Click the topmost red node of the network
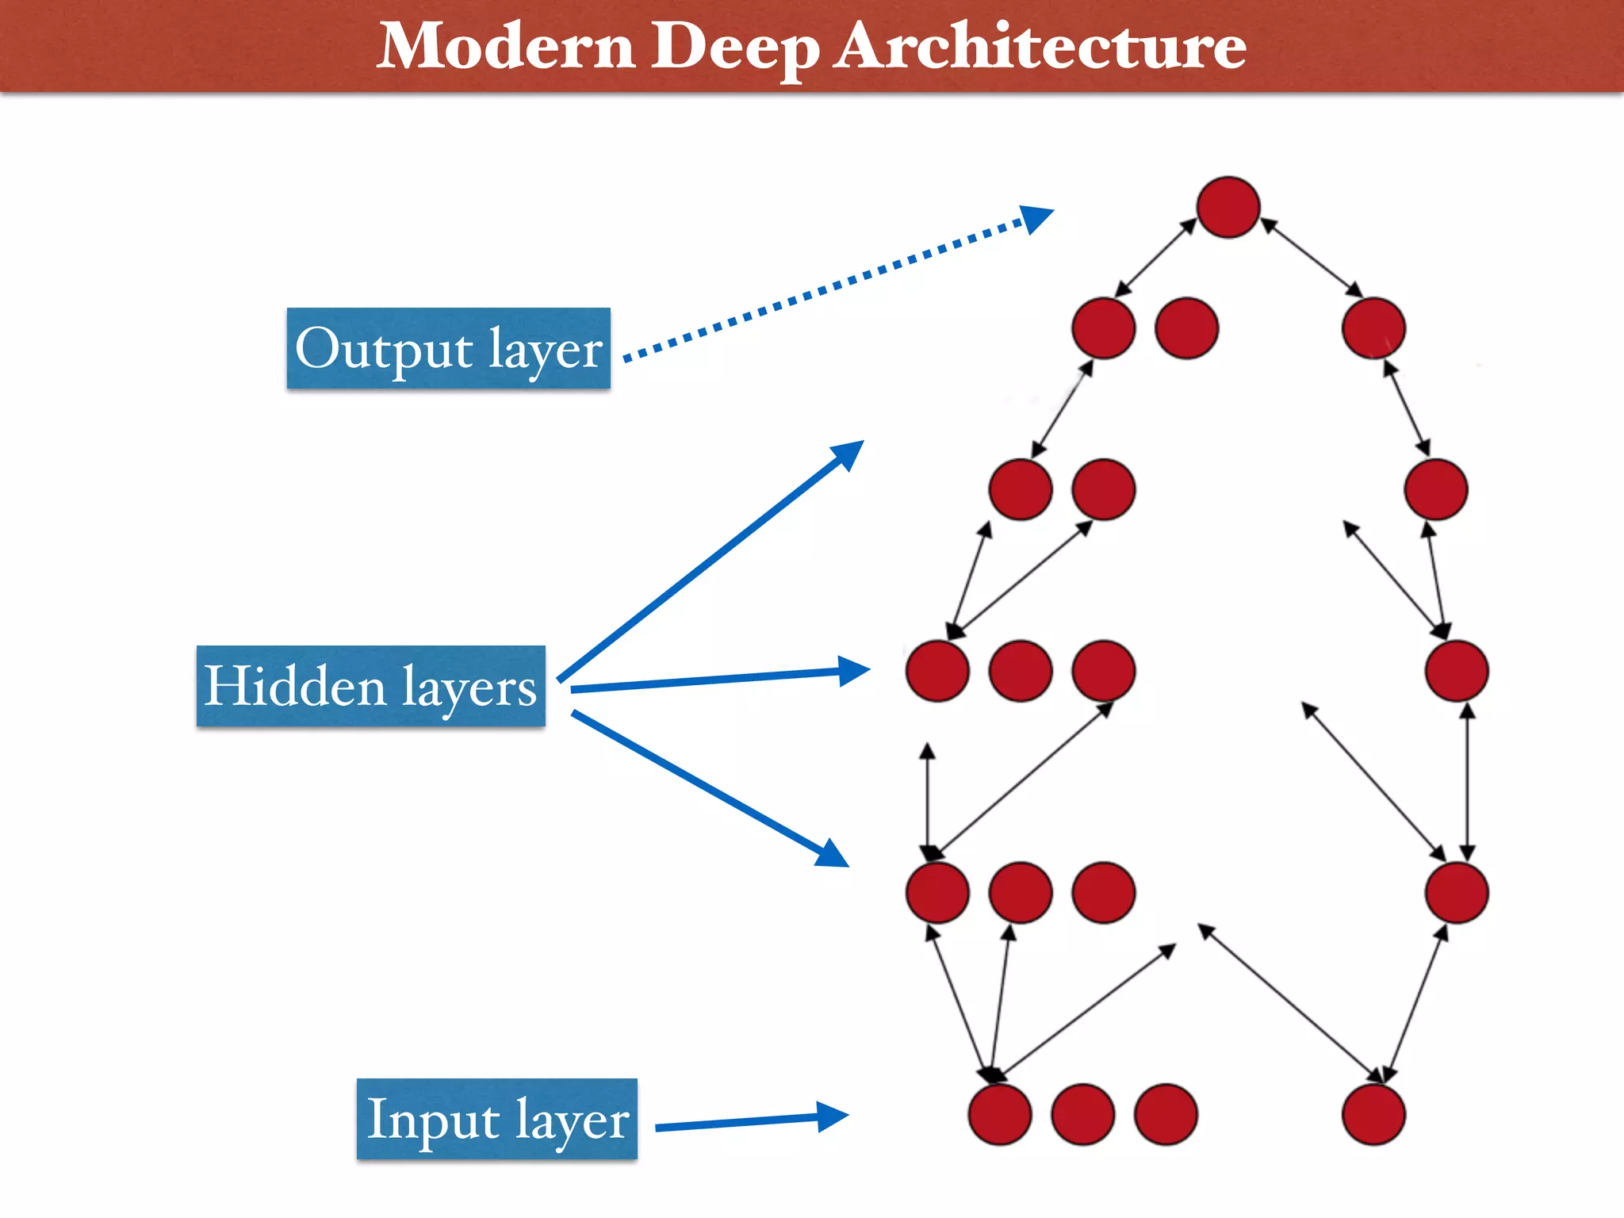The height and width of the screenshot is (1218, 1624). (x=1228, y=207)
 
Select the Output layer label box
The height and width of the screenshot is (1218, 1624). (x=448, y=348)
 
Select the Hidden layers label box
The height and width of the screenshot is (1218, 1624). (x=370, y=686)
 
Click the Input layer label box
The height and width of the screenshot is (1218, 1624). (x=496, y=1119)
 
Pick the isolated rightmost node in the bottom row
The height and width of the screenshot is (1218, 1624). (x=1373, y=1114)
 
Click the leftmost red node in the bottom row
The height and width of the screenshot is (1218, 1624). (x=999, y=1114)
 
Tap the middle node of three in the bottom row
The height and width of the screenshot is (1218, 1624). (x=1082, y=1114)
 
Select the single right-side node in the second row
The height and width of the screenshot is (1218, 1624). (x=1373, y=327)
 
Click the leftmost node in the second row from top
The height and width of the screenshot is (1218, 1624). (x=1103, y=327)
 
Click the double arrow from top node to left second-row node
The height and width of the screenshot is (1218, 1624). (x=1155, y=258)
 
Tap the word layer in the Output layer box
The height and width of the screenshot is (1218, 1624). (x=546, y=350)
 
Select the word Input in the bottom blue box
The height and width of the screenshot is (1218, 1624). (x=434, y=1119)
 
